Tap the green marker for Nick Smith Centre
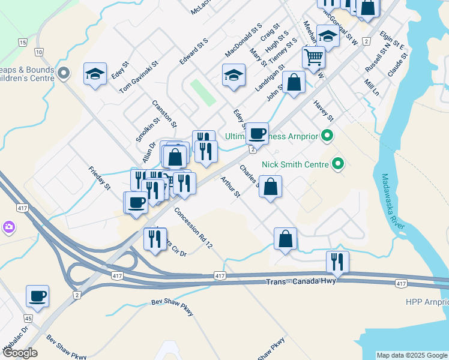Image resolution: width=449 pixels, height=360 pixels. point(338,163)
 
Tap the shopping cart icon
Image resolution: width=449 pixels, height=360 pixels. point(313,58)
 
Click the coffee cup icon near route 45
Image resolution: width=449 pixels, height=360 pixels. point(38,296)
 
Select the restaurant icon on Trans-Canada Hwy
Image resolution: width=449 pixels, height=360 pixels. point(337,262)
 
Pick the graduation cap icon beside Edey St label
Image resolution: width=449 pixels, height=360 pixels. point(95,74)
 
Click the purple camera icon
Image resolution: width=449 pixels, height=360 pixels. point(9,227)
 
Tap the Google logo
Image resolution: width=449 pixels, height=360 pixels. point(19,353)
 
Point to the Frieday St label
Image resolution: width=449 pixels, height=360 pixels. point(100,178)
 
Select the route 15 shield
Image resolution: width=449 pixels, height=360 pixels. point(23,43)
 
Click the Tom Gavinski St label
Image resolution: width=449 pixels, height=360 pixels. point(139,76)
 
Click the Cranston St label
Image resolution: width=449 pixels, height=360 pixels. point(164,114)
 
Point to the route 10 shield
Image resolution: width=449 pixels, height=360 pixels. point(38,53)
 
